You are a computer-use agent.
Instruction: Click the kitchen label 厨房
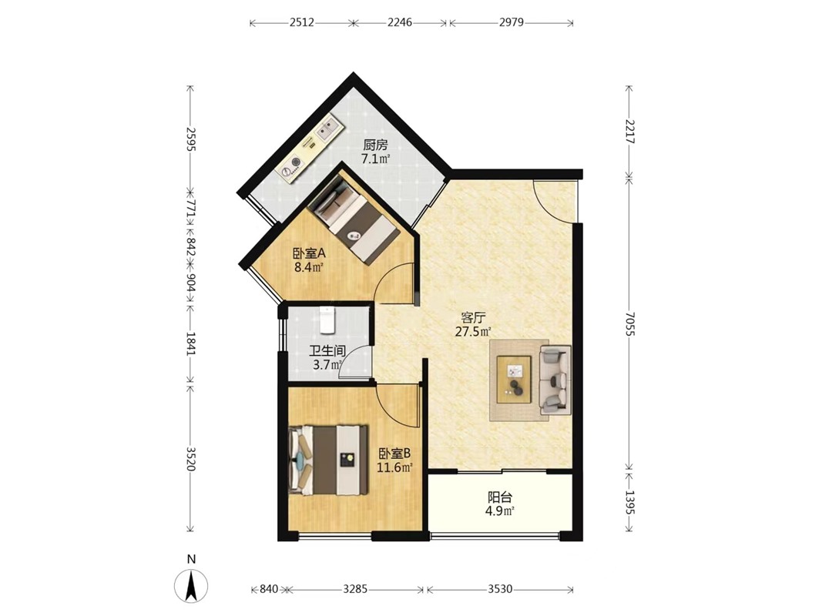pyautogui.click(x=375, y=145)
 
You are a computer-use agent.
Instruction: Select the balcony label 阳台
pyautogui.click(x=500, y=497)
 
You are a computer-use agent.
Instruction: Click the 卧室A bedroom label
pyautogui.click(x=309, y=253)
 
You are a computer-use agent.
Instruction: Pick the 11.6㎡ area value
pyautogui.click(x=394, y=467)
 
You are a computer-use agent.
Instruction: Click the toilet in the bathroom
pyautogui.click(x=327, y=320)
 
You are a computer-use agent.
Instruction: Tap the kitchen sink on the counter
pyautogui.click(x=328, y=128)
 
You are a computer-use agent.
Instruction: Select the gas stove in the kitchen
pyautogui.click(x=292, y=166)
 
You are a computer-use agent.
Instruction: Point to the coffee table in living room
pyautogui.click(x=515, y=380)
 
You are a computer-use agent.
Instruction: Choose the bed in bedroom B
pyautogui.click(x=328, y=460)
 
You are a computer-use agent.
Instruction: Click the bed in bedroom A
pyautogui.click(x=354, y=219)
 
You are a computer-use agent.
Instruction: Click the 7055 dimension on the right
pyautogui.click(x=629, y=324)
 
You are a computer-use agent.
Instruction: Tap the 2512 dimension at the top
pyautogui.click(x=301, y=22)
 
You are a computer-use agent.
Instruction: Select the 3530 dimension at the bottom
pyautogui.click(x=500, y=589)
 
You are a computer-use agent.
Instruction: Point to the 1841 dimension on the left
pyautogui.click(x=190, y=343)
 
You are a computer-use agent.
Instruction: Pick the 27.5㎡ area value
pyautogui.click(x=473, y=331)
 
